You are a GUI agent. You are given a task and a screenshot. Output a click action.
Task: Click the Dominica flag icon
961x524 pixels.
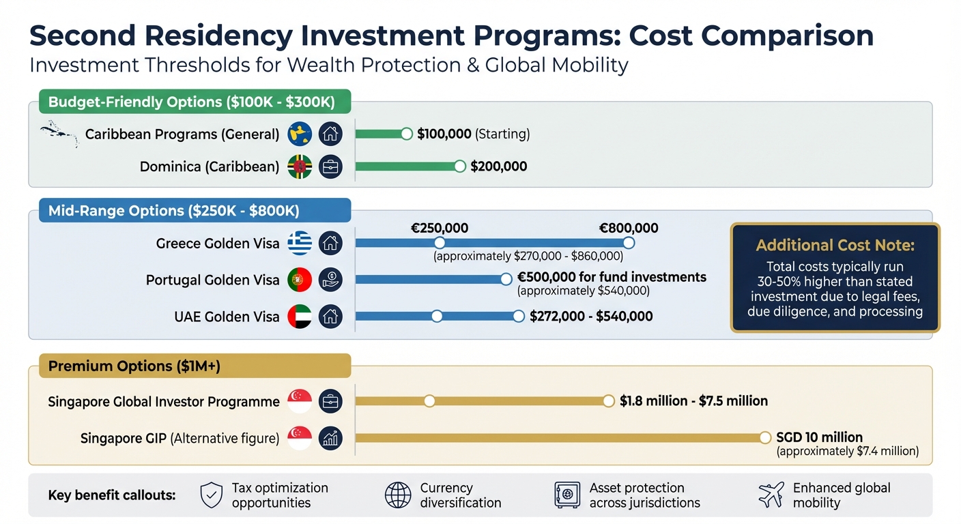click(x=300, y=167)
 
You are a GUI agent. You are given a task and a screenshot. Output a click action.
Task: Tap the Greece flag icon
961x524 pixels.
click(x=300, y=244)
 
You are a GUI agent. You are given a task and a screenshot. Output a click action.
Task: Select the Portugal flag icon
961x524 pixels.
click(x=300, y=280)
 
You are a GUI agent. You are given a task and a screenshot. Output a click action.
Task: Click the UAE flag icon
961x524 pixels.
click(x=300, y=317)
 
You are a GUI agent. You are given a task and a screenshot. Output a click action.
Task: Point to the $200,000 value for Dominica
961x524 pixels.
click(x=498, y=166)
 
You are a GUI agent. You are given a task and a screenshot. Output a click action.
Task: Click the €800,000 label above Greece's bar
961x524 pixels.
click(x=628, y=229)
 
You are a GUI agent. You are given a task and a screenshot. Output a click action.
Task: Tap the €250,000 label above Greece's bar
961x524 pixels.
click(x=440, y=229)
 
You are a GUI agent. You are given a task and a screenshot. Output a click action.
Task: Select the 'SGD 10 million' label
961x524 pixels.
click(x=819, y=437)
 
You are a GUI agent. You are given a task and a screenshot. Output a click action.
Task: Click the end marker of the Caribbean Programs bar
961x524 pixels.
click(x=407, y=134)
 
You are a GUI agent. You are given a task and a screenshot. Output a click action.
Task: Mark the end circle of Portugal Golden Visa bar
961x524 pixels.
click(x=506, y=279)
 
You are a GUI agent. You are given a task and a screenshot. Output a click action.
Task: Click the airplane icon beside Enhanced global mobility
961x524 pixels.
click(x=771, y=495)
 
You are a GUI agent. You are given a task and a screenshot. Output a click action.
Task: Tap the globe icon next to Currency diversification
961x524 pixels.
click(x=398, y=495)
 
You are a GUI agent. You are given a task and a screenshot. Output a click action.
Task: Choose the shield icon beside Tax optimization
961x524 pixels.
click(x=212, y=495)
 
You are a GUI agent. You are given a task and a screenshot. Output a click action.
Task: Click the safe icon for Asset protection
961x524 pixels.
click(x=567, y=495)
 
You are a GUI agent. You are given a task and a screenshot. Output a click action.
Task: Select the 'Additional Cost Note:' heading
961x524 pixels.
click(x=835, y=246)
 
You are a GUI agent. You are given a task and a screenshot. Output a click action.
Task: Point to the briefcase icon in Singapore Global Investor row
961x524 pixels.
click(x=330, y=401)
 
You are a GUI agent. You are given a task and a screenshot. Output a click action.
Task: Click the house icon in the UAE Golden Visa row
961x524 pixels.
click(x=330, y=317)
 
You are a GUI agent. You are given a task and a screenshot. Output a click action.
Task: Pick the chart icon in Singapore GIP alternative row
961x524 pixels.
click(x=330, y=438)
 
